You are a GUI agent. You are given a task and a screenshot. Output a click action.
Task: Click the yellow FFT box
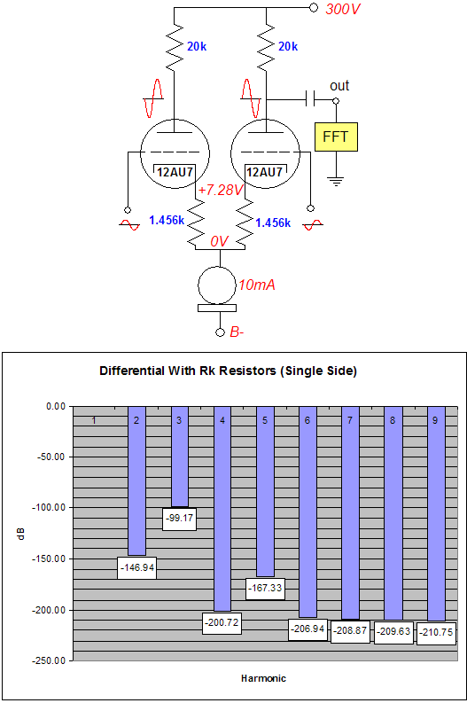(x=336, y=137)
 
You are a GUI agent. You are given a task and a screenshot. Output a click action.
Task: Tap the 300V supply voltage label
(x=342, y=9)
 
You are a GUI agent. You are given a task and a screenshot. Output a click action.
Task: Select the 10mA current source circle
(x=217, y=285)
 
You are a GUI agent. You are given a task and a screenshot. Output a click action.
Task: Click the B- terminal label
(x=237, y=332)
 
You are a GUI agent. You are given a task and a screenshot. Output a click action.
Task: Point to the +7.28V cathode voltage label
(x=220, y=190)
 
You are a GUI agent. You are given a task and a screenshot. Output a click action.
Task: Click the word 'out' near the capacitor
(x=339, y=86)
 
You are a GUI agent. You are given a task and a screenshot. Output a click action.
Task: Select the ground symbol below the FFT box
(x=336, y=181)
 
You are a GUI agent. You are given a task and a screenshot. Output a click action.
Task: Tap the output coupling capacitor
(x=310, y=98)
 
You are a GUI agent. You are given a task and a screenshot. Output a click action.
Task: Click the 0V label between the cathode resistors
(x=220, y=241)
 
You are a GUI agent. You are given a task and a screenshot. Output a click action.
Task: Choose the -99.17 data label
(x=179, y=519)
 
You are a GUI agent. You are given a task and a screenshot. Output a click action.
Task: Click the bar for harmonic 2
(x=136, y=481)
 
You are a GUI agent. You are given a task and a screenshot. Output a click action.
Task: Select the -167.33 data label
(x=265, y=588)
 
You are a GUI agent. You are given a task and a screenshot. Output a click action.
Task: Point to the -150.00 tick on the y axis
(x=49, y=558)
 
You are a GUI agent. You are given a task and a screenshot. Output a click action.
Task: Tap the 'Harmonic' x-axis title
(x=263, y=678)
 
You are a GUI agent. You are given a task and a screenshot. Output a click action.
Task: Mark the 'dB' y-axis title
(x=20, y=534)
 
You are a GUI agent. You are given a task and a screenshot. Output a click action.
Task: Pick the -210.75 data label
(x=436, y=633)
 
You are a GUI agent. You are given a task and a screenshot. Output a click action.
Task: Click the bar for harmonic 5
(x=265, y=491)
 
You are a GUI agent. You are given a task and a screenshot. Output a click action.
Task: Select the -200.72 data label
(x=222, y=622)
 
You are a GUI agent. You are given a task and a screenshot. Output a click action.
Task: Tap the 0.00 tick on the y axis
(x=56, y=407)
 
